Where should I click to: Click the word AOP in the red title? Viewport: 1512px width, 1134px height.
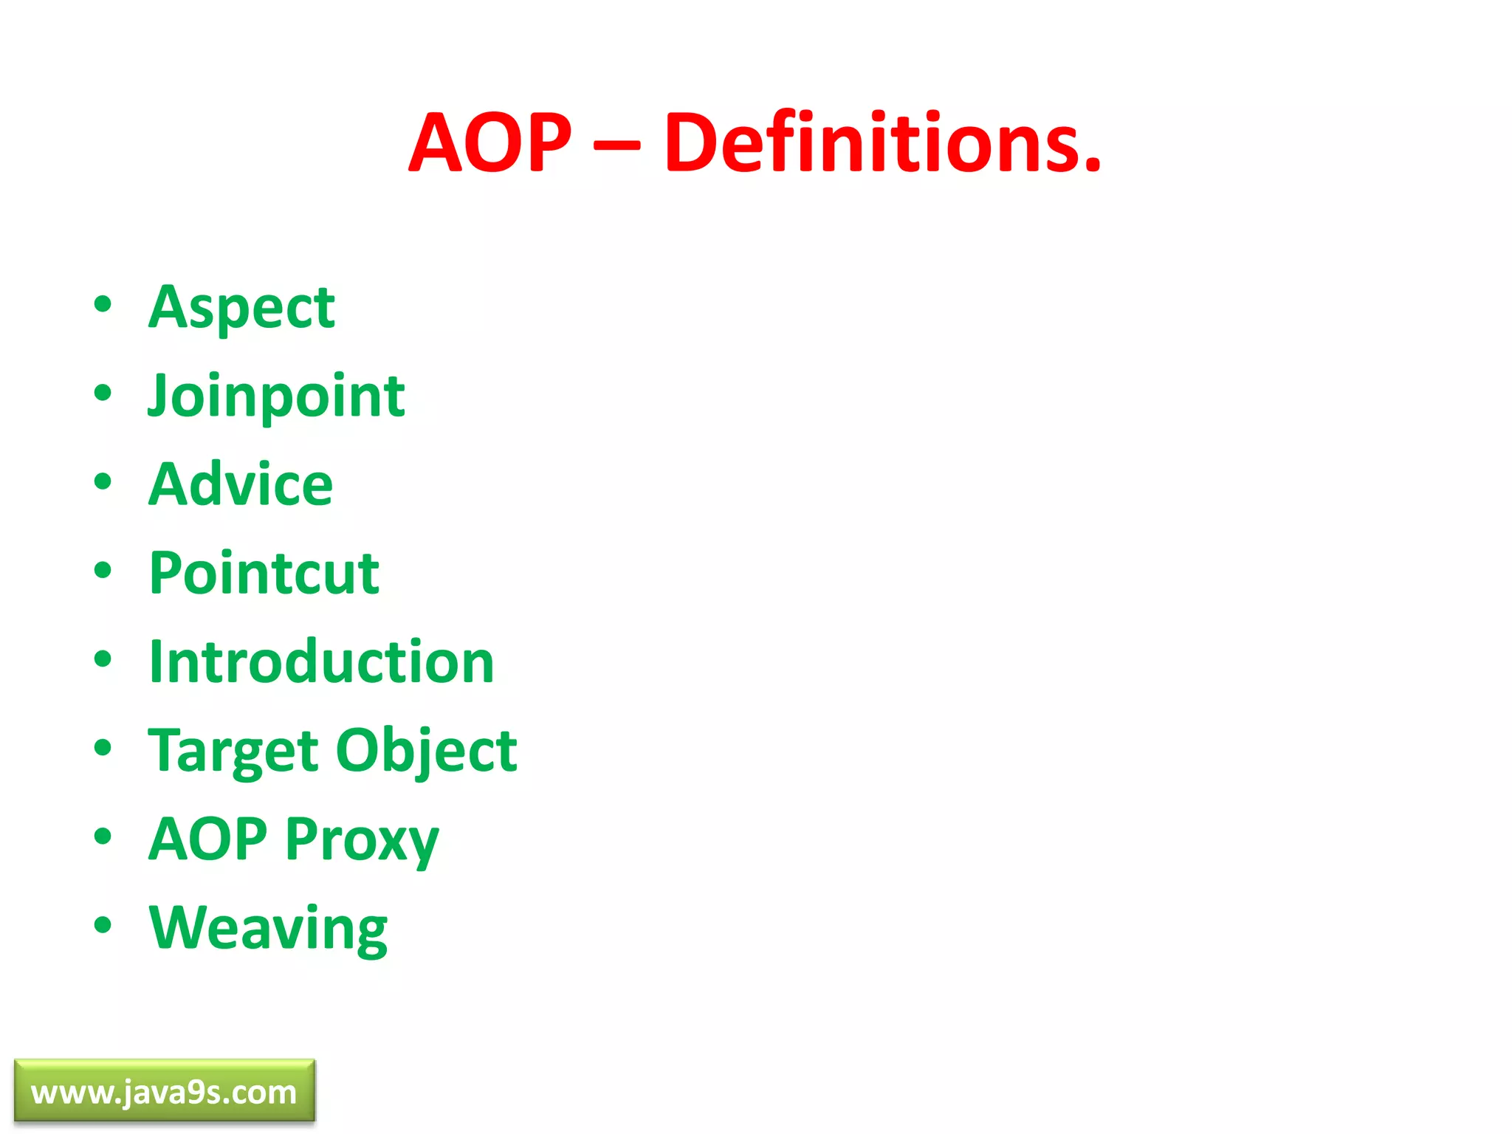click(x=490, y=142)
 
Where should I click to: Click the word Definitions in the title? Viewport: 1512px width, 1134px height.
click(x=882, y=142)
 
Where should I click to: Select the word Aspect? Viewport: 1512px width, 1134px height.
click(x=241, y=308)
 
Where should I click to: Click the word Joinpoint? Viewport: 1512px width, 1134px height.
click(x=276, y=396)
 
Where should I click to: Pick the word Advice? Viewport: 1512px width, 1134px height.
click(x=241, y=484)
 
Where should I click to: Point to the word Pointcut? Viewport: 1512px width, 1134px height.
click(x=264, y=573)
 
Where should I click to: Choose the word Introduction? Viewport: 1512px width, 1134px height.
click(x=321, y=661)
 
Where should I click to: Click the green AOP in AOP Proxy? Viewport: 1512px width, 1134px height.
click(x=207, y=839)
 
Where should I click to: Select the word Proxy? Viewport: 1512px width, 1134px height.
click(x=362, y=841)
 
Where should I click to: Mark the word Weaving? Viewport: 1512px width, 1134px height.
click(x=268, y=929)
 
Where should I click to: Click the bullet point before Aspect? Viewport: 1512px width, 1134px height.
click(x=103, y=304)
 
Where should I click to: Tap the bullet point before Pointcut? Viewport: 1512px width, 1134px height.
click(x=103, y=570)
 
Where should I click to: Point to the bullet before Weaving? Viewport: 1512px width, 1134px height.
click(x=103, y=924)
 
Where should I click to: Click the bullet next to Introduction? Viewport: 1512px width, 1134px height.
click(x=103, y=659)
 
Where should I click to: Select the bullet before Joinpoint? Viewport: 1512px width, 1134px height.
click(x=103, y=393)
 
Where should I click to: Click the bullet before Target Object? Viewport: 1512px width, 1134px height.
click(x=103, y=747)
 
